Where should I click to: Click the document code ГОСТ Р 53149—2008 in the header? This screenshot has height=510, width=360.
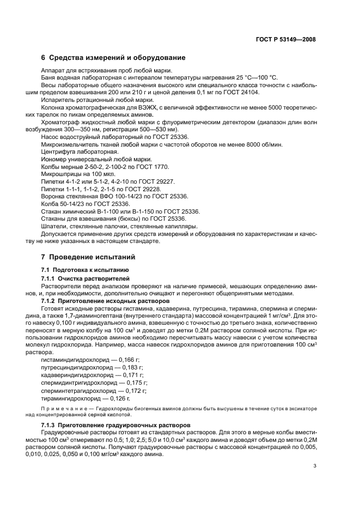285,40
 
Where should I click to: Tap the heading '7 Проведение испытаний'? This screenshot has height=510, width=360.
88,257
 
